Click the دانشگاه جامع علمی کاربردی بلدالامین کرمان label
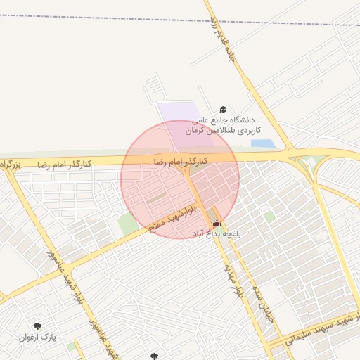tap(223, 126)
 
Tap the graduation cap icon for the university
tap(223, 109)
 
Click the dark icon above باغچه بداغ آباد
tap(216, 224)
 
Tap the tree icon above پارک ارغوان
tap(37, 326)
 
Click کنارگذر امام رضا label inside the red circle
tap(181, 162)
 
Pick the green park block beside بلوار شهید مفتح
tap(129, 224)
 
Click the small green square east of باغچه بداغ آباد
tap(269, 217)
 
